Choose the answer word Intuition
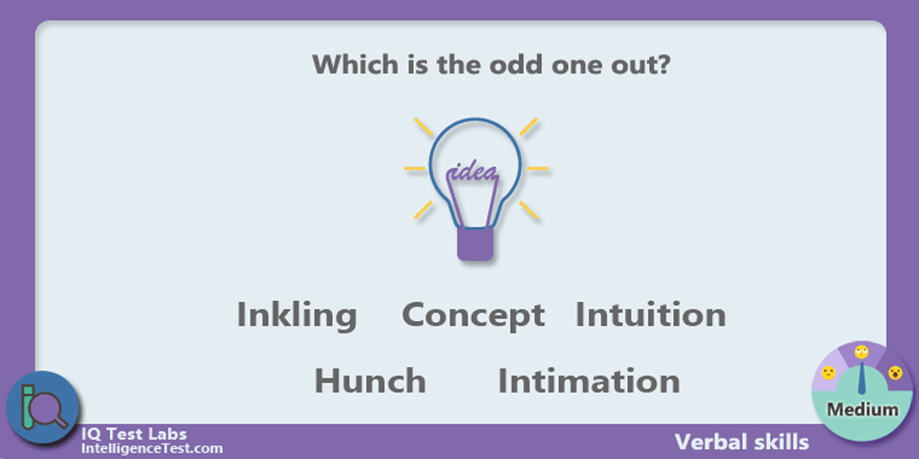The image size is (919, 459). click(651, 315)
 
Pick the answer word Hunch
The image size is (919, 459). click(371, 380)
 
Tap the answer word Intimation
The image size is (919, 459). click(589, 380)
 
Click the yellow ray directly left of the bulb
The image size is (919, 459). click(415, 169)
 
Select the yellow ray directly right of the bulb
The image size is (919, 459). click(538, 169)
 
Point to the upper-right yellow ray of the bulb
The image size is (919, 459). click(529, 126)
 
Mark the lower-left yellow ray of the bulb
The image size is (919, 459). click(424, 210)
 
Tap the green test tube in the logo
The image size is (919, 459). click(25, 410)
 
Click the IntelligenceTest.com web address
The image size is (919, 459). click(152, 449)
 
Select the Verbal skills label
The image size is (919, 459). click(741, 442)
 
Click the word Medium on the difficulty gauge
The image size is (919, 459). click(862, 409)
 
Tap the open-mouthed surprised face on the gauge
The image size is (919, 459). click(895, 373)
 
